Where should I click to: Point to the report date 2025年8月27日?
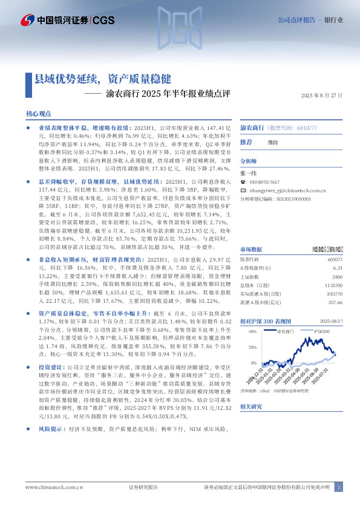click(322, 96)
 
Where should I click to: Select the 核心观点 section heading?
click(38, 114)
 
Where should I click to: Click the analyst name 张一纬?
click(248, 173)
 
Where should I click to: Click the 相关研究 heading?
click(252, 407)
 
